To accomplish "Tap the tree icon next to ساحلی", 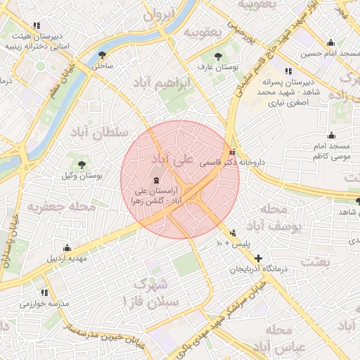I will pos(103,55).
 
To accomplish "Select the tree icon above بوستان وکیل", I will pos(82,164).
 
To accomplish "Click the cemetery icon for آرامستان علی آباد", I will pos(155,180).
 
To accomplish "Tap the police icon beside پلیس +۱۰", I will pos(233,233).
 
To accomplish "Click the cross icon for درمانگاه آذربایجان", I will pos(259,258).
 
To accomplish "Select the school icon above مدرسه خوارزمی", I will pos(44,292).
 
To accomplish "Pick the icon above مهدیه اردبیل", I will pos(67,247).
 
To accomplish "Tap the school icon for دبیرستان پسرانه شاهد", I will pos(288,71).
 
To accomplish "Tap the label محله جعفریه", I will pos(61,207).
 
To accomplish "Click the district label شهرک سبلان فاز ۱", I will pos(161,292).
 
